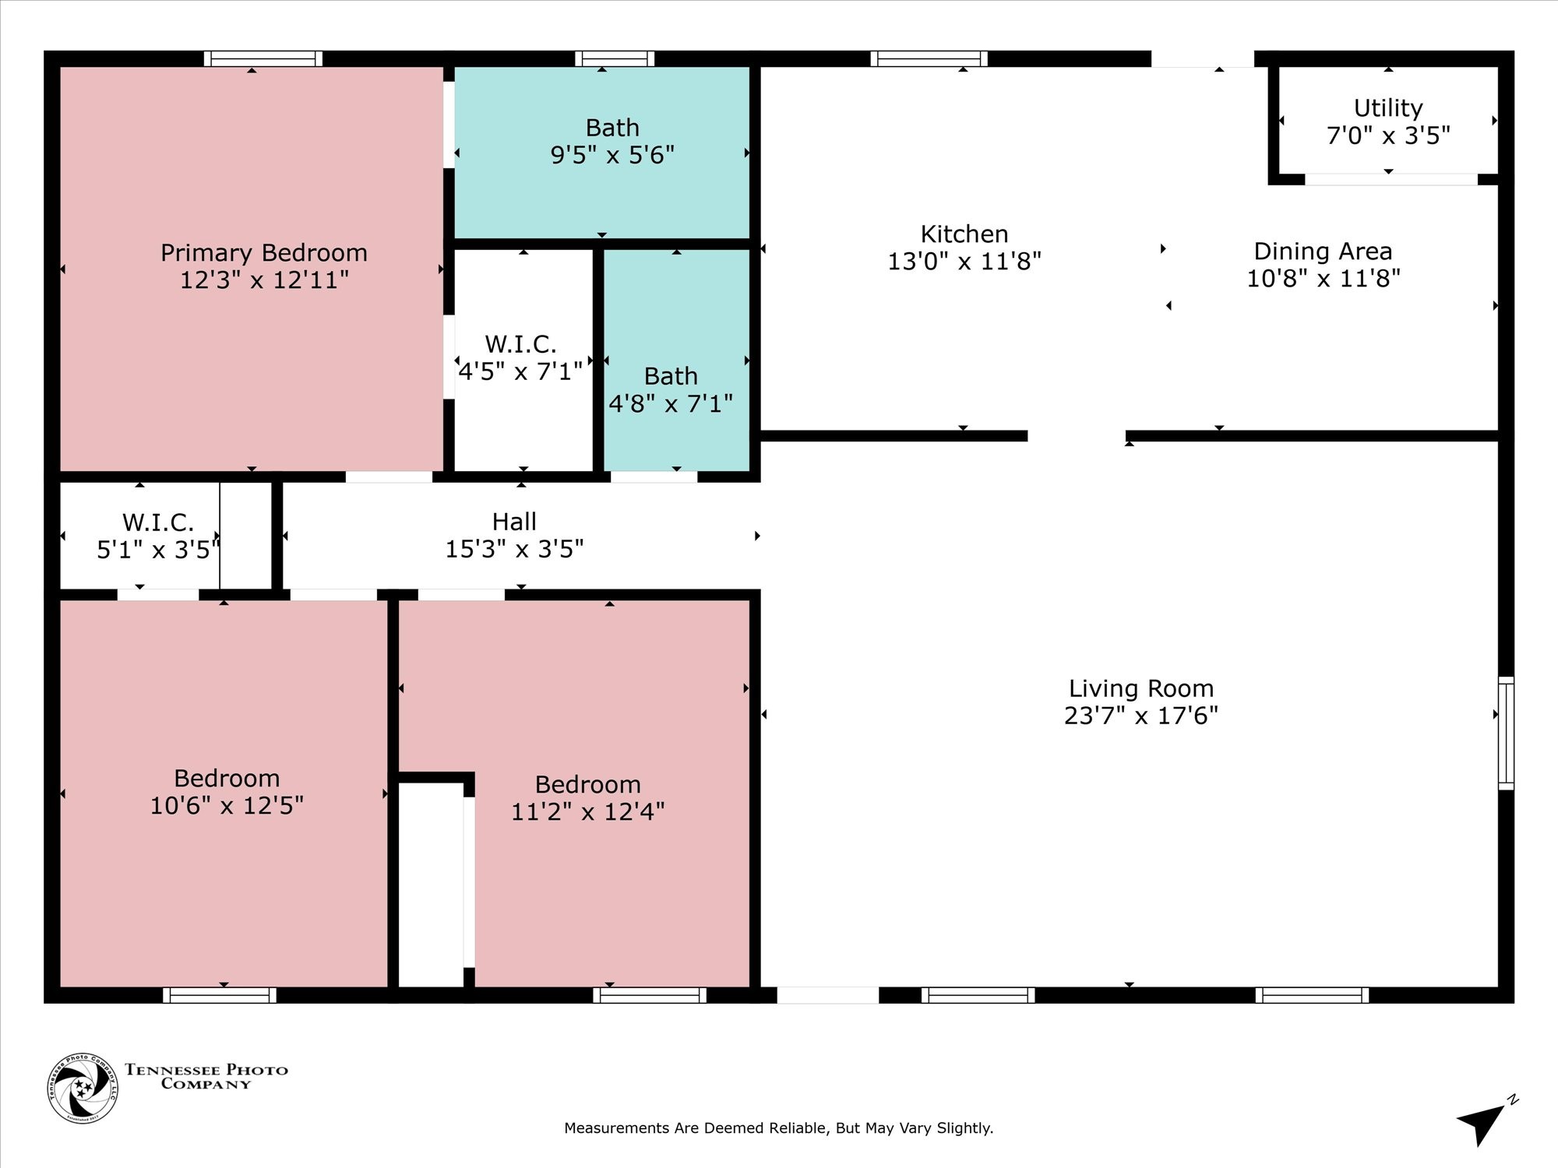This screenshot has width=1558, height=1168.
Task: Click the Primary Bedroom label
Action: tap(264, 252)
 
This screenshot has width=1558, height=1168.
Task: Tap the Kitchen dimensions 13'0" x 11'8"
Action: tap(964, 261)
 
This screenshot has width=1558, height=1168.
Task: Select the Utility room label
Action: tap(1388, 107)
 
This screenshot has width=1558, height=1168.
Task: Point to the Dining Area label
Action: tap(1323, 251)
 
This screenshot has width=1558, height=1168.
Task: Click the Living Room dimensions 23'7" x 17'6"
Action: tap(1141, 716)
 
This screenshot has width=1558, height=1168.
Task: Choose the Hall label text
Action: tap(514, 521)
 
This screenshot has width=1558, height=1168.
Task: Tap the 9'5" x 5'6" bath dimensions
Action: tap(612, 155)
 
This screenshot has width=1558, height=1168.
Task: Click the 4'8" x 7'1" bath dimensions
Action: tap(671, 403)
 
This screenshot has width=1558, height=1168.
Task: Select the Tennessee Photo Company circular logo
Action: tap(83, 1088)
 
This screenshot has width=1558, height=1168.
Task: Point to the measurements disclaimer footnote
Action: tap(779, 1128)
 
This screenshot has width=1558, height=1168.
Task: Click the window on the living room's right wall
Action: tap(1507, 733)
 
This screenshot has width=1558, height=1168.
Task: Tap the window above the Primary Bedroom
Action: tap(263, 58)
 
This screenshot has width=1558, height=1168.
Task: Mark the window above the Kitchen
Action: tap(929, 58)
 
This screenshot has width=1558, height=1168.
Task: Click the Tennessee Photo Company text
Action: tap(206, 1077)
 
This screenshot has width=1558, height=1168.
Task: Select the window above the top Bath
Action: tap(615, 58)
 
